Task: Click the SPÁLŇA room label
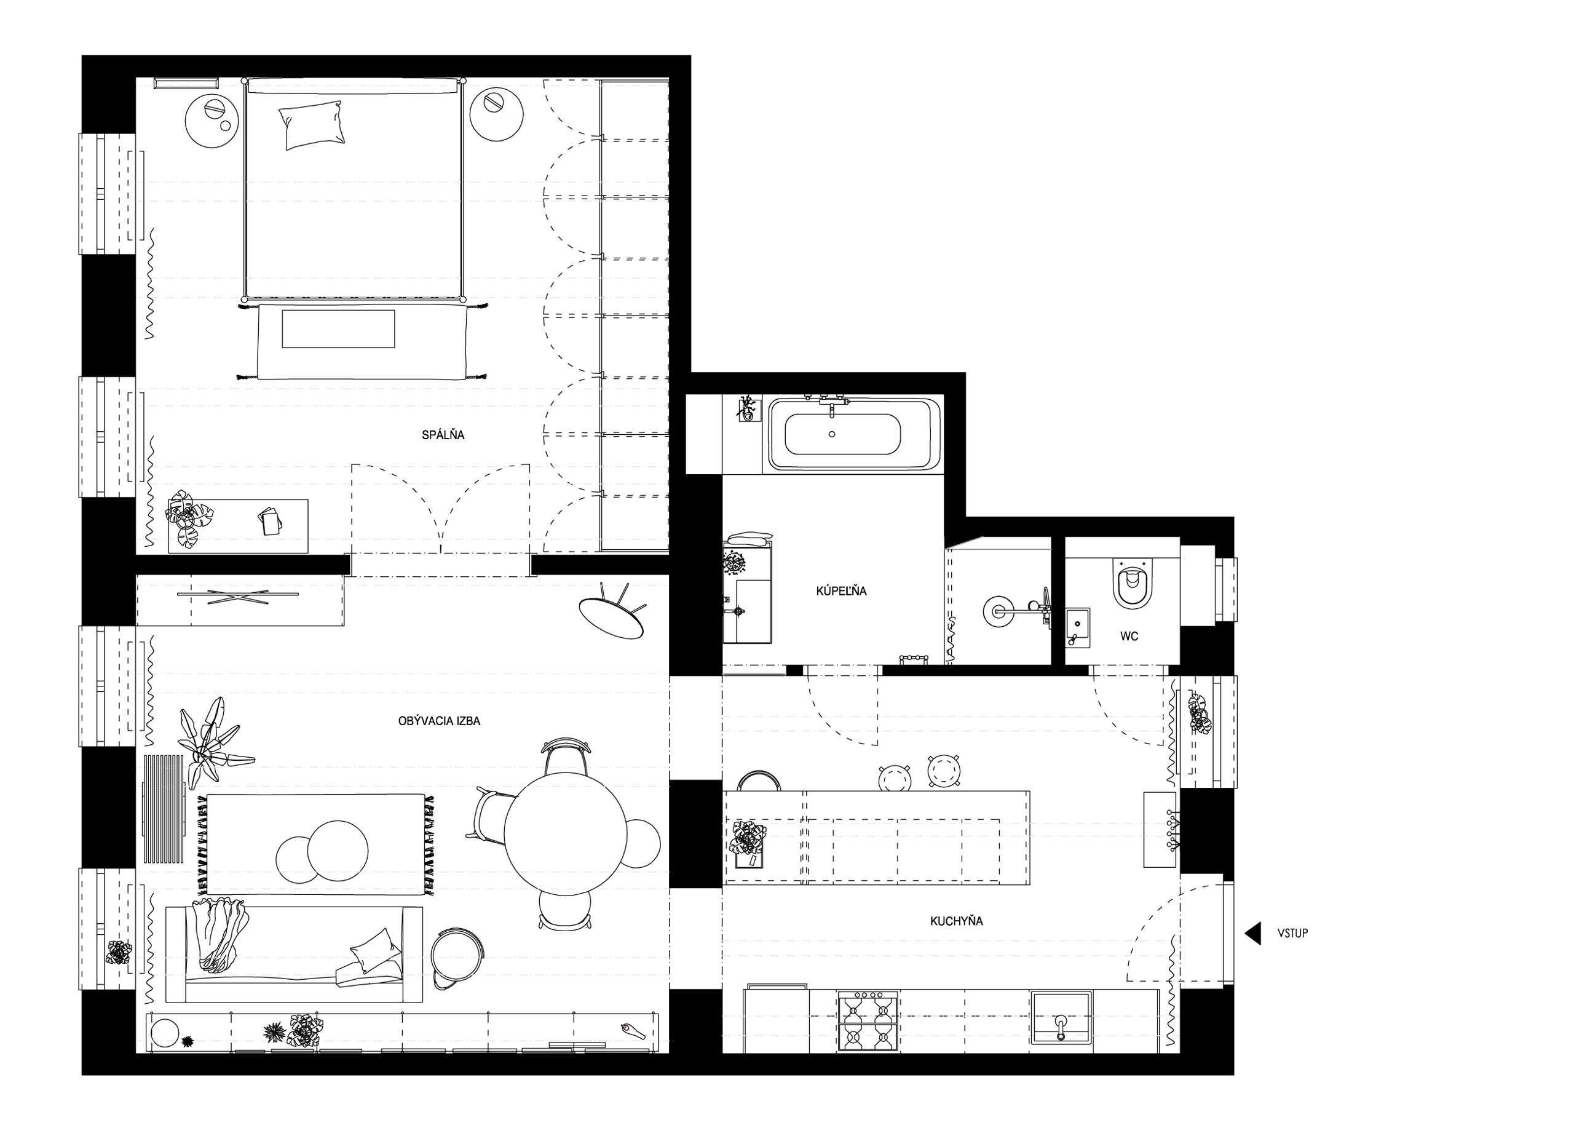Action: click(x=443, y=435)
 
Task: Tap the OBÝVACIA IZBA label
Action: click(x=438, y=721)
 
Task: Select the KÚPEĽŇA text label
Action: click(x=841, y=592)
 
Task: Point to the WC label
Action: click(x=1129, y=636)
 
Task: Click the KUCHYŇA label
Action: click(x=956, y=921)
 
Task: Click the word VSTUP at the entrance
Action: click(x=1292, y=934)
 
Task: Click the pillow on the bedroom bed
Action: click(x=312, y=125)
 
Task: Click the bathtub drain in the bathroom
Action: click(x=832, y=435)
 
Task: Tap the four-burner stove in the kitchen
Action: click(x=868, y=1020)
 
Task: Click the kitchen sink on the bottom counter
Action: click(x=1061, y=1018)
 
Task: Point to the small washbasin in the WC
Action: click(x=1078, y=627)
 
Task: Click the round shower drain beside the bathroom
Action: click(x=999, y=611)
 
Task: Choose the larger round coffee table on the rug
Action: click(x=338, y=851)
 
